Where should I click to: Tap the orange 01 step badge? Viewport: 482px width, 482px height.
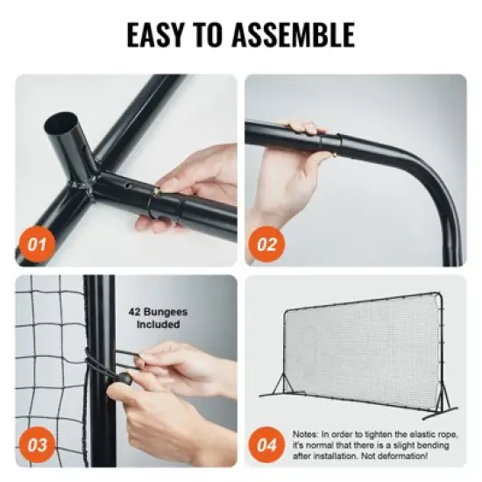pos(37,245)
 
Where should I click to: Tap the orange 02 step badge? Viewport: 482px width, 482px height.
pos(266,245)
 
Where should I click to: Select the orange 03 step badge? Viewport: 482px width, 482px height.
pos(37,444)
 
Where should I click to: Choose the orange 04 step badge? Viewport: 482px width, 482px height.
pos(266,444)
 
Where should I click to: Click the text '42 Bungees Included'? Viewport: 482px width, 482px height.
pos(159,317)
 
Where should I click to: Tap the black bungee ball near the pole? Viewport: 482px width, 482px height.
pos(126,379)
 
